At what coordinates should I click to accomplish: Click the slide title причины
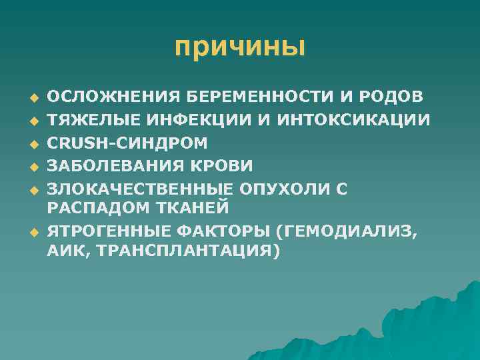tap(239, 47)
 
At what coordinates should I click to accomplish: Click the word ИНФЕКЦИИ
tap(181, 120)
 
